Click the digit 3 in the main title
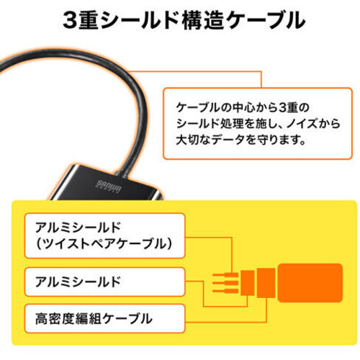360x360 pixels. [x=70, y=20]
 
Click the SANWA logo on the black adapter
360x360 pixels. [x=109, y=186]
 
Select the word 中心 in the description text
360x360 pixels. [x=243, y=107]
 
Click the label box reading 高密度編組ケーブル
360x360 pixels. [x=104, y=318]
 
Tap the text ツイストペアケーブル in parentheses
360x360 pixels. [x=104, y=244]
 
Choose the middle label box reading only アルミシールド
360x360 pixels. [x=104, y=282]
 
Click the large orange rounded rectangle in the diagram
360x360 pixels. [x=310, y=283]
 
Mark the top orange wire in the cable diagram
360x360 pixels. [x=225, y=275]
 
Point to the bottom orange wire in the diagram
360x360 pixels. [x=225, y=291]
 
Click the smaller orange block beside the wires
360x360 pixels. [x=248, y=283]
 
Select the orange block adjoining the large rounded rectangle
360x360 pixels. [x=266, y=283]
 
